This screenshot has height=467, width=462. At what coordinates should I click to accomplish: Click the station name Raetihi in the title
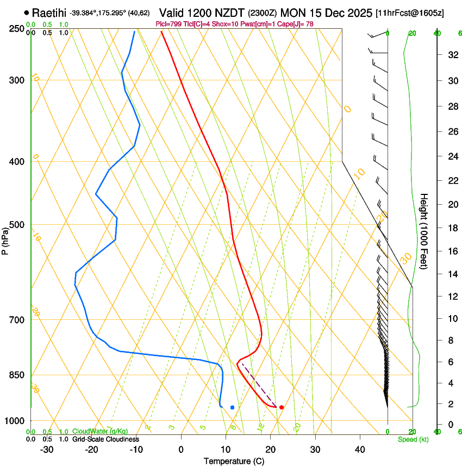coord(49,12)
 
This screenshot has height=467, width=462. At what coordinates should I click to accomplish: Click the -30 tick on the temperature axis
coord(47,449)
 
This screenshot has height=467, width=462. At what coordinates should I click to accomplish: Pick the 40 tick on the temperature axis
coord(360,449)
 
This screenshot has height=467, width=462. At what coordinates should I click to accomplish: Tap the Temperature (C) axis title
coord(234,461)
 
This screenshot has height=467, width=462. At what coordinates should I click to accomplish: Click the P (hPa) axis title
coord(5,238)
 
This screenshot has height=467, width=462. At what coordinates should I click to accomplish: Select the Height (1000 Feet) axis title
coord(424,231)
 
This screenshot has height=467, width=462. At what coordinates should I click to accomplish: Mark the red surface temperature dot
coord(281,407)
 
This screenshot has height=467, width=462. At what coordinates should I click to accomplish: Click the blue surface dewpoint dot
coord(232,407)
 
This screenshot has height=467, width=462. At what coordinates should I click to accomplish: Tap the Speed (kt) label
coord(413,439)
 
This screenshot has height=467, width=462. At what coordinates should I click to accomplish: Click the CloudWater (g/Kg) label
coord(93,432)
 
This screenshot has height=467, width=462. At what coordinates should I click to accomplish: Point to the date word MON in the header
coord(293,12)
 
